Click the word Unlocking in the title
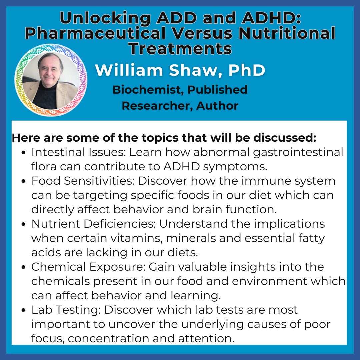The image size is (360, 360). point(105,18)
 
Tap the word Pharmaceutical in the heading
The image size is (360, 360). point(95,33)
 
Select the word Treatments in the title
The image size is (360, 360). point(180,48)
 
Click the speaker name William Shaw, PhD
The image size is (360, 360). point(180,70)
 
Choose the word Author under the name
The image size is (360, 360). point(217,106)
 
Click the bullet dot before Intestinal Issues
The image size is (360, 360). point(23,152)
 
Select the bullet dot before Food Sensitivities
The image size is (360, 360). point(23,181)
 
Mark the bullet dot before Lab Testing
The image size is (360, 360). point(23,310)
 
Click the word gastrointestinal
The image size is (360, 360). point(298,153)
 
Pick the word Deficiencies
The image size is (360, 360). point(120,224)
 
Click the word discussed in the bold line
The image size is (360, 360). point(285,138)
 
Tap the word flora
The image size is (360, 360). point(44,166)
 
